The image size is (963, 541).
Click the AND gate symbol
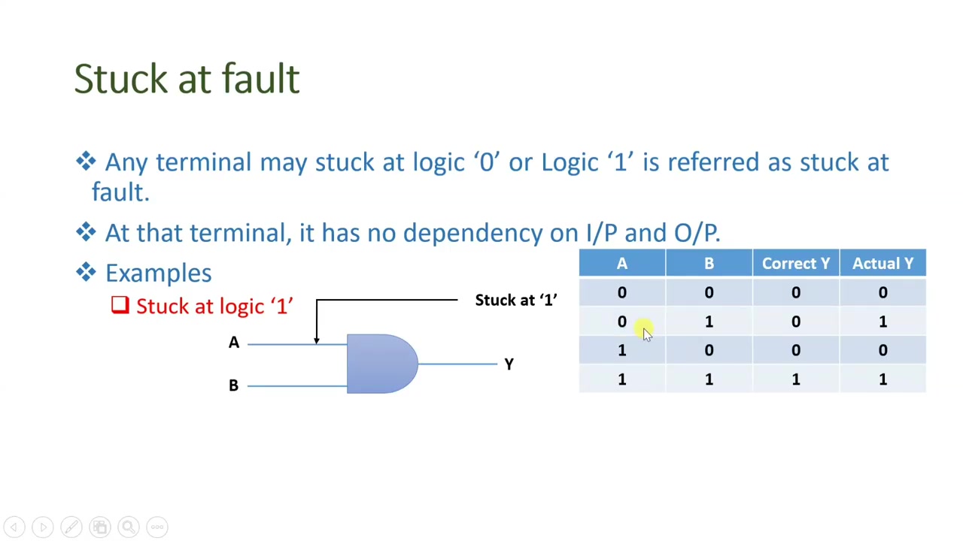pos(381,364)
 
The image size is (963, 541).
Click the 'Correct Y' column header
pos(795,264)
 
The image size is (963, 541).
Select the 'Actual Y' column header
pos(882,264)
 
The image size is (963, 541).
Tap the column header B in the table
pos(709,264)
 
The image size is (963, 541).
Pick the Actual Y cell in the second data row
pos(882,322)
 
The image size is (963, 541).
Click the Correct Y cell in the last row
pos(795,379)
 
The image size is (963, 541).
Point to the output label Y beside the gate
pos(509,364)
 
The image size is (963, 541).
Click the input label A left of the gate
pos(234,343)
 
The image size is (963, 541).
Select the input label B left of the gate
pos(233,385)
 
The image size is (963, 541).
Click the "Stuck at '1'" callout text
pos(515,301)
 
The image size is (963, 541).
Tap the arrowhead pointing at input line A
pos(317,340)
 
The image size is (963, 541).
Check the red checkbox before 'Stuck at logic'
pos(120,305)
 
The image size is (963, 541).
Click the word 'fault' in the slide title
pos(261,79)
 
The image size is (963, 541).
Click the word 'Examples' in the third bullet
pos(158,273)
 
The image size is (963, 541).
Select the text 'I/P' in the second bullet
pos(602,233)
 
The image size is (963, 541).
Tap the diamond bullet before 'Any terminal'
pos(86,162)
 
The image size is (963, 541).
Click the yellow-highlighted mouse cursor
pos(646,331)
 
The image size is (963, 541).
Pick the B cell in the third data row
pos(709,351)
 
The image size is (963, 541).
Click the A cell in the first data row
pos(621,293)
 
